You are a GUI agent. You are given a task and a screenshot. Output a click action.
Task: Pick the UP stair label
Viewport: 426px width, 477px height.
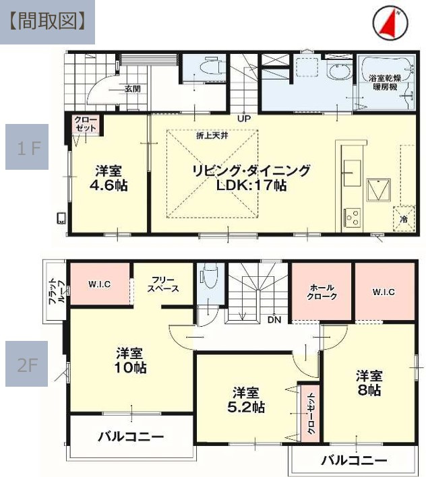point(243,119)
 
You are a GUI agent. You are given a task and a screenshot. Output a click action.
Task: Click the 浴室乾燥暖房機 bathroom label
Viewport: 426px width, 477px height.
point(385,84)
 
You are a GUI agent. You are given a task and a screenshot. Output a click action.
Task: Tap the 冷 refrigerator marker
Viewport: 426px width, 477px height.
point(404,219)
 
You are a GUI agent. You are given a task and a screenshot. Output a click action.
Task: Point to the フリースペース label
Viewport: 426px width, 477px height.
point(164,284)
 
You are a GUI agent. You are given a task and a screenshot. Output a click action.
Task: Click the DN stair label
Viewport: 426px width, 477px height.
point(274,320)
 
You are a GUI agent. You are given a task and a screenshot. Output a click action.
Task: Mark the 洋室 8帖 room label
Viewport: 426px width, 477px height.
point(369,383)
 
